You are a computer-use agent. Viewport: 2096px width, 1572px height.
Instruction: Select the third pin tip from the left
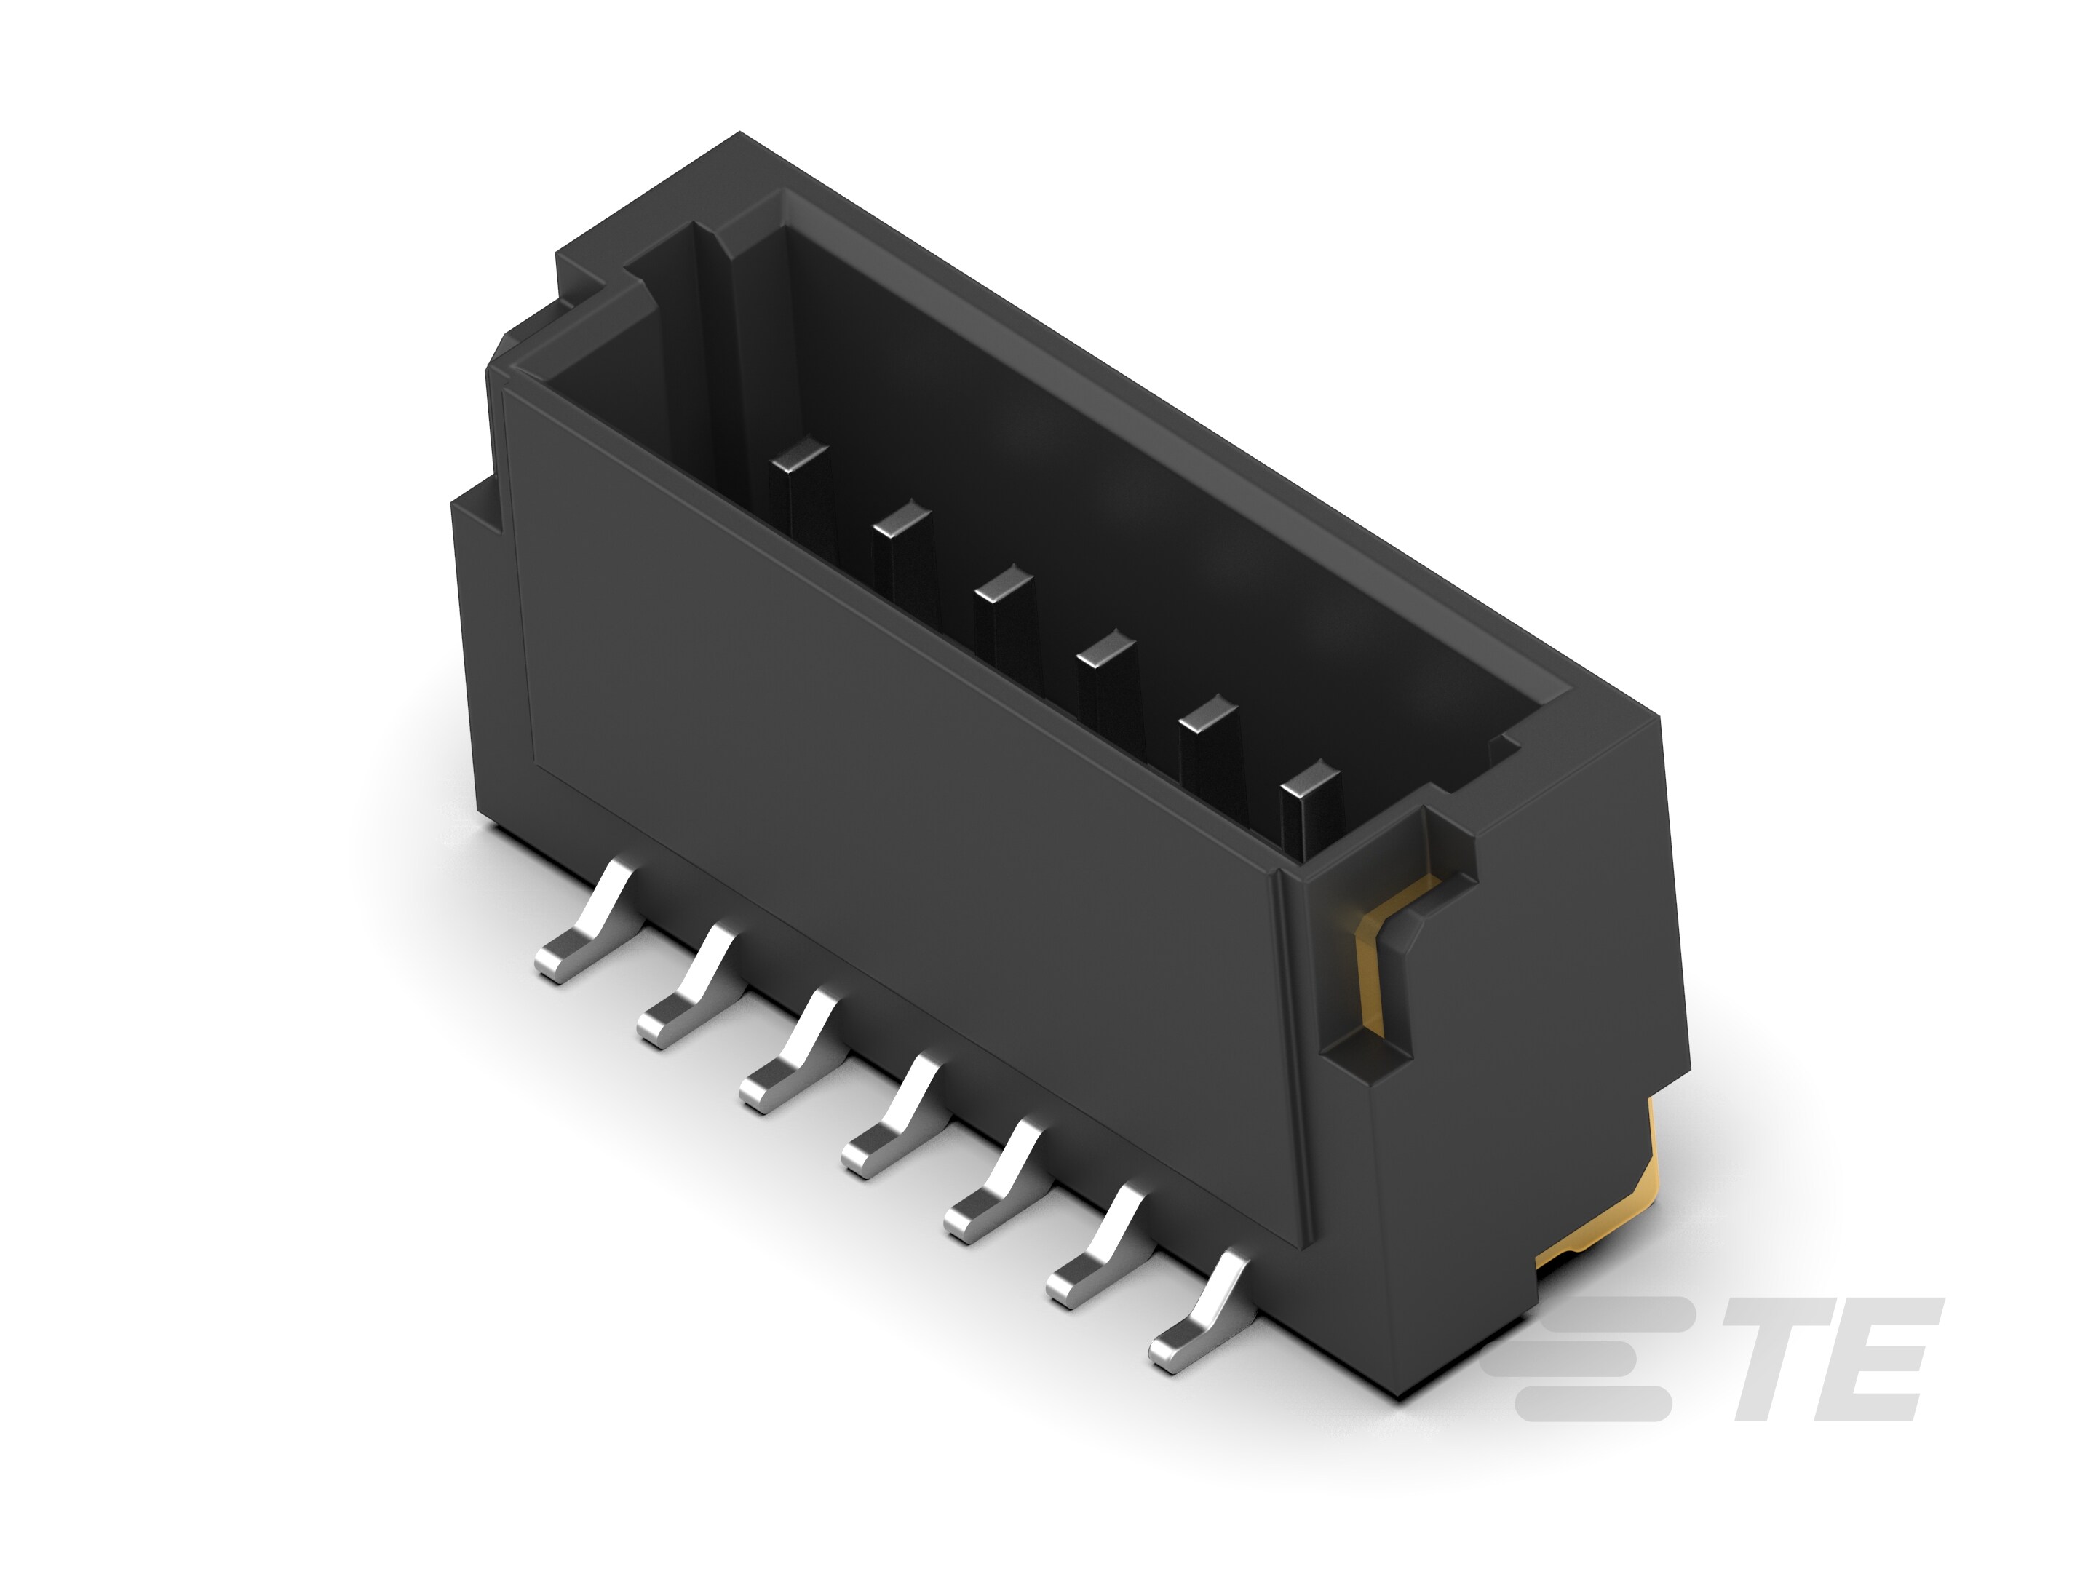click(1004, 583)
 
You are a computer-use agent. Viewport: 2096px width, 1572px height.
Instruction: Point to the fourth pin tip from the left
click(1105, 648)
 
